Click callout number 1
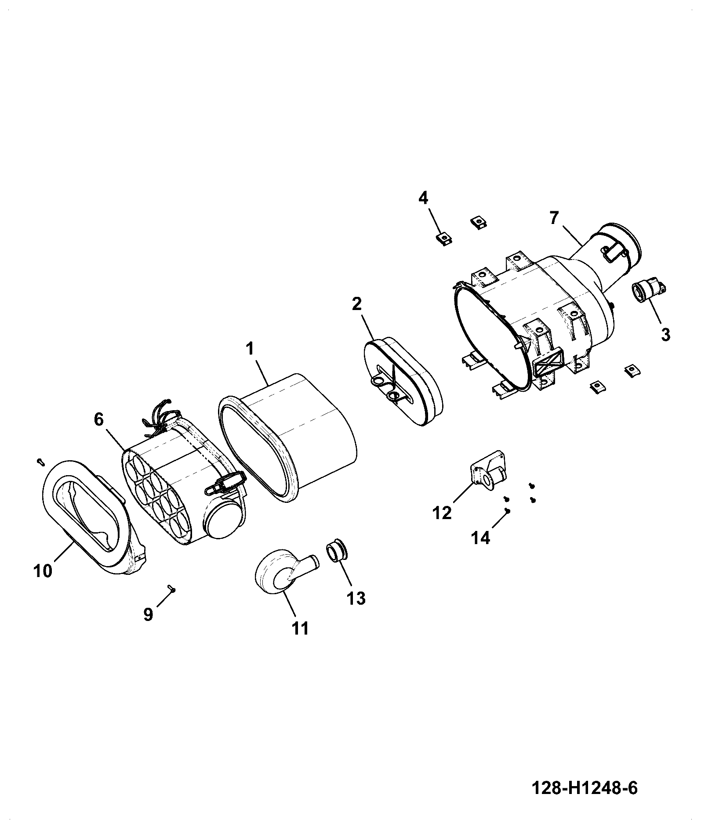coord(250,350)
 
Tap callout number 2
coord(356,304)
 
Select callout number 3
coord(665,335)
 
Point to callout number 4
coord(423,198)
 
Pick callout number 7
coord(554,218)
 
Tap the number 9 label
coord(148,614)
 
